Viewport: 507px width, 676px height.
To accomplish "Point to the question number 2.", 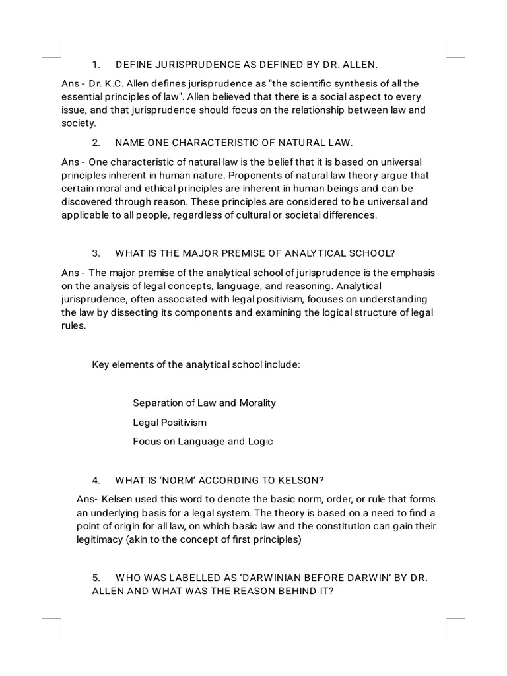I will pyautogui.click(x=96, y=143).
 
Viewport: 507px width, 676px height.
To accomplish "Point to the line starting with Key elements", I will pyautogui.click(x=196, y=364).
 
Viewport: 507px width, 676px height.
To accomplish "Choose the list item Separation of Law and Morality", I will pyautogui.click(x=204, y=403).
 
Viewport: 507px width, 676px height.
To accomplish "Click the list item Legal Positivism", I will pyautogui.click(x=170, y=422).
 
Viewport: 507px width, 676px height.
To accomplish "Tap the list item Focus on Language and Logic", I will pyautogui.click(x=203, y=441).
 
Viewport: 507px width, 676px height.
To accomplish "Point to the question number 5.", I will pyautogui.click(x=96, y=578).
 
